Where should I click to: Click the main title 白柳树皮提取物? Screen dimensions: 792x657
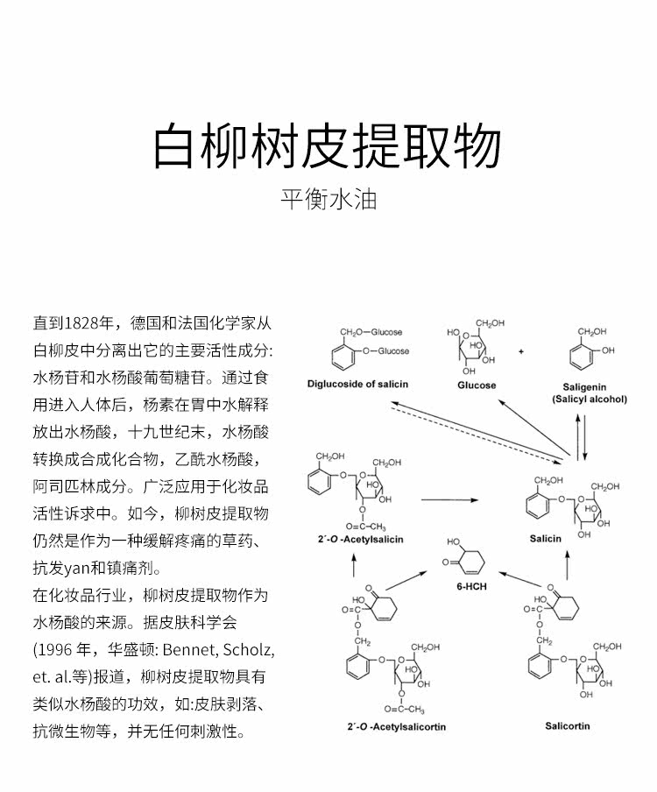tap(328, 146)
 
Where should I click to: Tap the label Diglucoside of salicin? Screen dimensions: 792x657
tap(358, 385)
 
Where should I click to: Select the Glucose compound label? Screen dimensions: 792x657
tap(477, 385)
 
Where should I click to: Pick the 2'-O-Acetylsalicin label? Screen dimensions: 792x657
tap(356, 540)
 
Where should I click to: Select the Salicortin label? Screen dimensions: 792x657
tap(567, 726)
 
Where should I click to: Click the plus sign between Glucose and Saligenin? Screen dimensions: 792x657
tap(520, 351)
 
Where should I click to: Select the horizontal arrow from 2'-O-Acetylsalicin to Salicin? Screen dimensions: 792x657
tap(451, 500)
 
